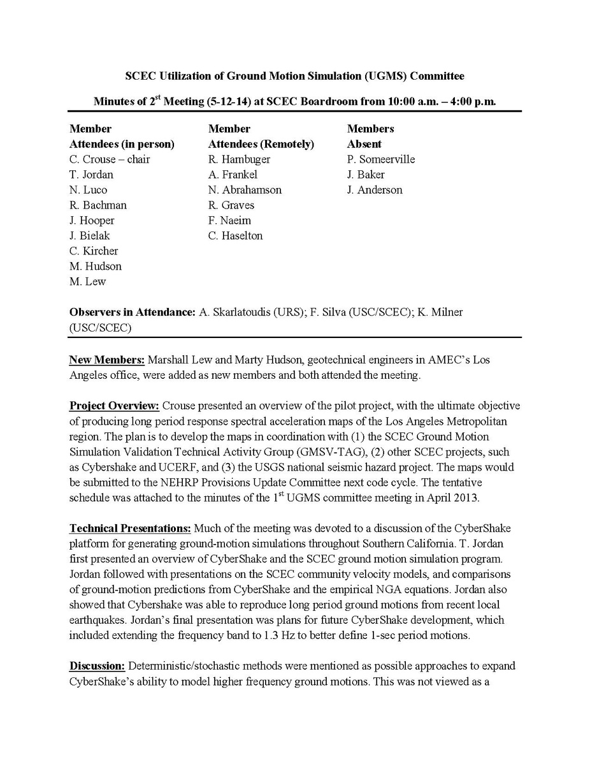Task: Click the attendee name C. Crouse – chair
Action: (110, 159)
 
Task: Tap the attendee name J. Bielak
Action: (90, 236)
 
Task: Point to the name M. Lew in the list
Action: (88, 282)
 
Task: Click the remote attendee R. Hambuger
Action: (239, 159)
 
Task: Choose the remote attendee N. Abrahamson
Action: (245, 190)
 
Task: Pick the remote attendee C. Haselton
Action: (235, 236)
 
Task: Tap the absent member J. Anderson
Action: (375, 190)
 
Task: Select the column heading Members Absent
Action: (370, 136)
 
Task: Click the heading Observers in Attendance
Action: (129, 312)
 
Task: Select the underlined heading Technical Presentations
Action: (130, 529)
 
